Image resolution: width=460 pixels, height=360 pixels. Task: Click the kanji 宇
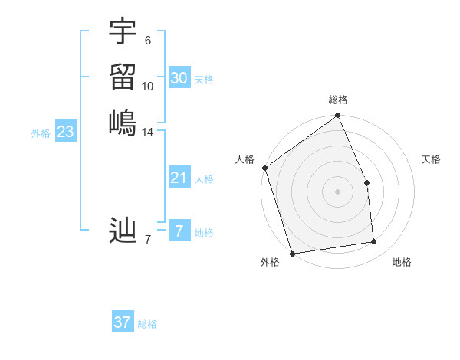(123, 31)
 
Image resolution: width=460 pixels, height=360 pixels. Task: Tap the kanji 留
(123, 77)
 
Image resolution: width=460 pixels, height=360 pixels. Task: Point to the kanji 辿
(123, 231)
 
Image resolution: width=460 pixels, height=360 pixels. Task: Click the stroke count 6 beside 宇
(148, 41)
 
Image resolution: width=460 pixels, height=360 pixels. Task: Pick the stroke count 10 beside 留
(148, 87)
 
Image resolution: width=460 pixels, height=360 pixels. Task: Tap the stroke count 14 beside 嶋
(148, 133)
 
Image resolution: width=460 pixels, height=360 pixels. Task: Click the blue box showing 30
(179, 78)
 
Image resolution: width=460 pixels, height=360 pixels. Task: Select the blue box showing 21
(179, 178)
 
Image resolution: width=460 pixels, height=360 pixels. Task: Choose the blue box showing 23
(66, 132)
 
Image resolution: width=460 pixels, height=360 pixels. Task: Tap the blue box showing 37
(123, 322)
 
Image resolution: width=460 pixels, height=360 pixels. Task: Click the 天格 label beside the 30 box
(204, 80)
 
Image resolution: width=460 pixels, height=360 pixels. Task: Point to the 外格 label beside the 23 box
(41, 133)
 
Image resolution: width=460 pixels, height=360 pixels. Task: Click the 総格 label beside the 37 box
(147, 324)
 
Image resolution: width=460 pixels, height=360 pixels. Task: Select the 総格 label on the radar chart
(338, 100)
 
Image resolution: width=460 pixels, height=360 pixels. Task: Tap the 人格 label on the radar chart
(245, 159)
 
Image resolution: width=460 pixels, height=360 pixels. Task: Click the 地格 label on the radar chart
(402, 263)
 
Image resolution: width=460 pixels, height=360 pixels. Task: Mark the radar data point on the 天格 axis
(366, 182)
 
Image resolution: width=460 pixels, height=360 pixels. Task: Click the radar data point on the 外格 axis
(292, 253)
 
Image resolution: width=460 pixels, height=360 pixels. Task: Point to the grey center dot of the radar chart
(337, 191)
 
